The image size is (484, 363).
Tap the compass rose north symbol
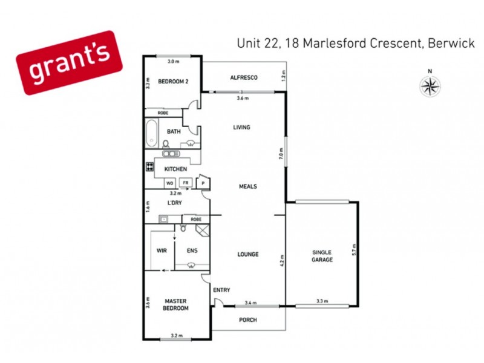pyautogui.click(x=430, y=87)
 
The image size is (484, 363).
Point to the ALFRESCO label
pyautogui.click(x=244, y=77)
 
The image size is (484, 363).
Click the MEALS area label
pyautogui.click(x=247, y=186)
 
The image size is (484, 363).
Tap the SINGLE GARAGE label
pyautogui.click(x=322, y=255)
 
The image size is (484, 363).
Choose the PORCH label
pyautogui.click(x=247, y=319)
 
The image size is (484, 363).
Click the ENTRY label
pyautogui.click(x=221, y=290)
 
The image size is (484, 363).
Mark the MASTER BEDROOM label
pyautogui.click(x=176, y=304)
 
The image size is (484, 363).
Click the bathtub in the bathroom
pyautogui.click(x=151, y=133)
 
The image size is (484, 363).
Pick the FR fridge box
pyautogui.click(x=186, y=182)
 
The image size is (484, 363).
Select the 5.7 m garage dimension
pyautogui.click(x=355, y=248)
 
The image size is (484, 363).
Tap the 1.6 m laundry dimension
pyautogui.click(x=148, y=206)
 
